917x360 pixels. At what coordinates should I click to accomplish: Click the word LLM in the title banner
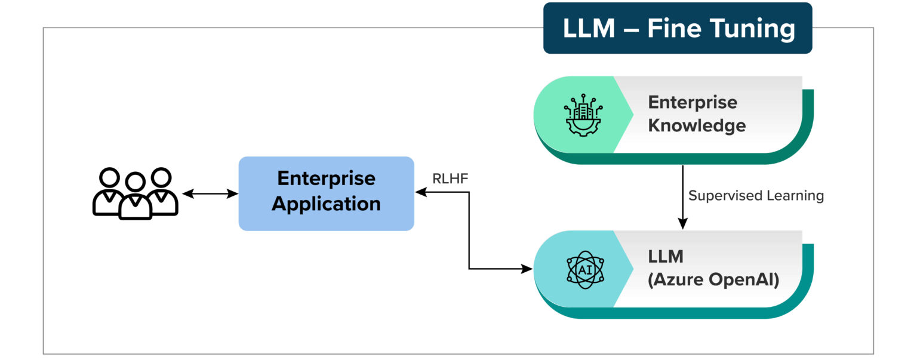click(x=589, y=29)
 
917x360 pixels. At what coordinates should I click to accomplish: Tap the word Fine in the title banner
click(x=678, y=29)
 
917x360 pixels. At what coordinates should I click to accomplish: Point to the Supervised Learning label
click(x=756, y=196)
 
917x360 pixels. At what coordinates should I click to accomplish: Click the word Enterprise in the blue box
click(x=326, y=179)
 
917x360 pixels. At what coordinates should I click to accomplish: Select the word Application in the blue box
click(x=326, y=204)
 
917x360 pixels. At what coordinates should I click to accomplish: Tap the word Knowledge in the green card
click(x=697, y=125)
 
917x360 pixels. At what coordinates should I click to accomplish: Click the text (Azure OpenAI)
click(x=713, y=279)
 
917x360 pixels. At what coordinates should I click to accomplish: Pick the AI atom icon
click(x=584, y=269)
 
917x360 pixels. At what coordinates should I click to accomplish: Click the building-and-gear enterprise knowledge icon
click(x=583, y=115)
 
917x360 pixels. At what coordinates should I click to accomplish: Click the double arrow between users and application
click(x=210, y=194)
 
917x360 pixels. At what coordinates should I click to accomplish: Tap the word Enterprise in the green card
click(x=693, y=102)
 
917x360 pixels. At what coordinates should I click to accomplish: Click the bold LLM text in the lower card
click(x=665, y=256)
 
